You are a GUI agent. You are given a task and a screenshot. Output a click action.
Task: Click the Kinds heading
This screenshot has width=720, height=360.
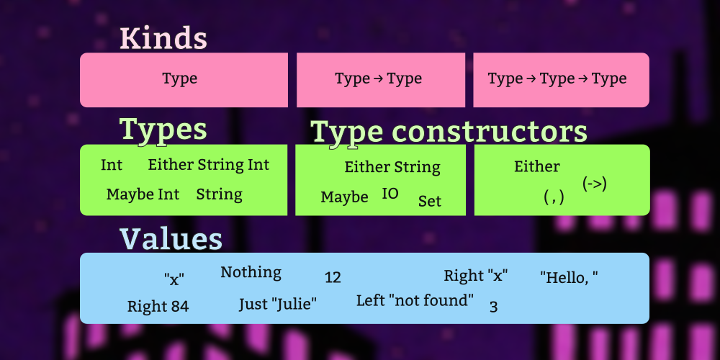point(163,39)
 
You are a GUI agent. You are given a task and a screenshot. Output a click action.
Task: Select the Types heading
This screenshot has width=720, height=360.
point(163,130)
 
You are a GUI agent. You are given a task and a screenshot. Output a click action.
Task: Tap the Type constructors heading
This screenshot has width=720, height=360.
point(449,132)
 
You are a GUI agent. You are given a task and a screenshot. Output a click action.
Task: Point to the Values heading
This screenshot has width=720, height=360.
point(171,239)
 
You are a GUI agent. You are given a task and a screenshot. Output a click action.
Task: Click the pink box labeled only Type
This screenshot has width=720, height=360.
point(184,80)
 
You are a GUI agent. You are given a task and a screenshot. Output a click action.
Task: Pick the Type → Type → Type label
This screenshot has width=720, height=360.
point(557,78)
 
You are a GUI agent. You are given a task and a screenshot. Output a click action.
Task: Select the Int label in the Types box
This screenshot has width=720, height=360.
point(112,165)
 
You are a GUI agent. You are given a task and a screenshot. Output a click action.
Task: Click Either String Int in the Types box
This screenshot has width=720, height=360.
point(209,166)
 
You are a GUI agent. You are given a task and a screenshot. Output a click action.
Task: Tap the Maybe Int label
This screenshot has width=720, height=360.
point(143,194)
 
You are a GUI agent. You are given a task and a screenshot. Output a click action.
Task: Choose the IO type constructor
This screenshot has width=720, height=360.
point(390,194)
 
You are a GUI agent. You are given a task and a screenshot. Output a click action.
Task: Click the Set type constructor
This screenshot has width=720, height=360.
point(430,201)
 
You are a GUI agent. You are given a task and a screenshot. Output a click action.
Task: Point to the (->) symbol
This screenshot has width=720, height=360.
point(595,184)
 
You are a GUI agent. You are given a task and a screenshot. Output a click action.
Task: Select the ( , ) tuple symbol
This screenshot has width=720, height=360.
point(554,198)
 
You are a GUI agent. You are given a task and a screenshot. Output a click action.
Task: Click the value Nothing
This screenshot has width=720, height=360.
point(251,272)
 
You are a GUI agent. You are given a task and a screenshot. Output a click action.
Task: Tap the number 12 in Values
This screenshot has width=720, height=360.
point(333,278)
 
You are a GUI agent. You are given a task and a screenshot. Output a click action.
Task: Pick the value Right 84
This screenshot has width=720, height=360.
point(158,306)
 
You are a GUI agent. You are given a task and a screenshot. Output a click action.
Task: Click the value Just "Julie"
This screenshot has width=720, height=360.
point(278,304)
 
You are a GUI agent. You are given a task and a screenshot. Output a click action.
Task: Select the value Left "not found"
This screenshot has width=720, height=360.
point(415,301)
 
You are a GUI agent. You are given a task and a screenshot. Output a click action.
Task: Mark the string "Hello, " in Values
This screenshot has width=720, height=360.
point(569,277)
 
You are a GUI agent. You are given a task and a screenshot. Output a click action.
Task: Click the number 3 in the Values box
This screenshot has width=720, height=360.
point(494,307)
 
